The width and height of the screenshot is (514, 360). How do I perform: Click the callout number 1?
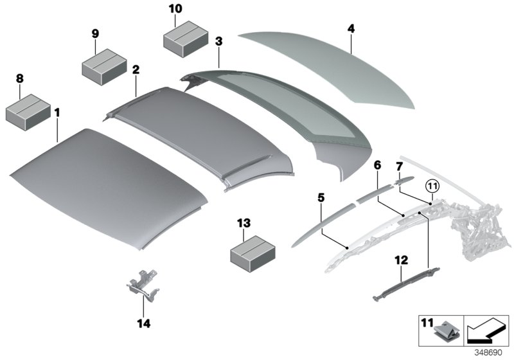(57, 113)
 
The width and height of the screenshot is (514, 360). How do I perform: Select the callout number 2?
(136, 69)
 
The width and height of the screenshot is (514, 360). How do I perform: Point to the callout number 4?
(351, 29)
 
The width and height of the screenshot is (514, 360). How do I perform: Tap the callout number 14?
(143, 323)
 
